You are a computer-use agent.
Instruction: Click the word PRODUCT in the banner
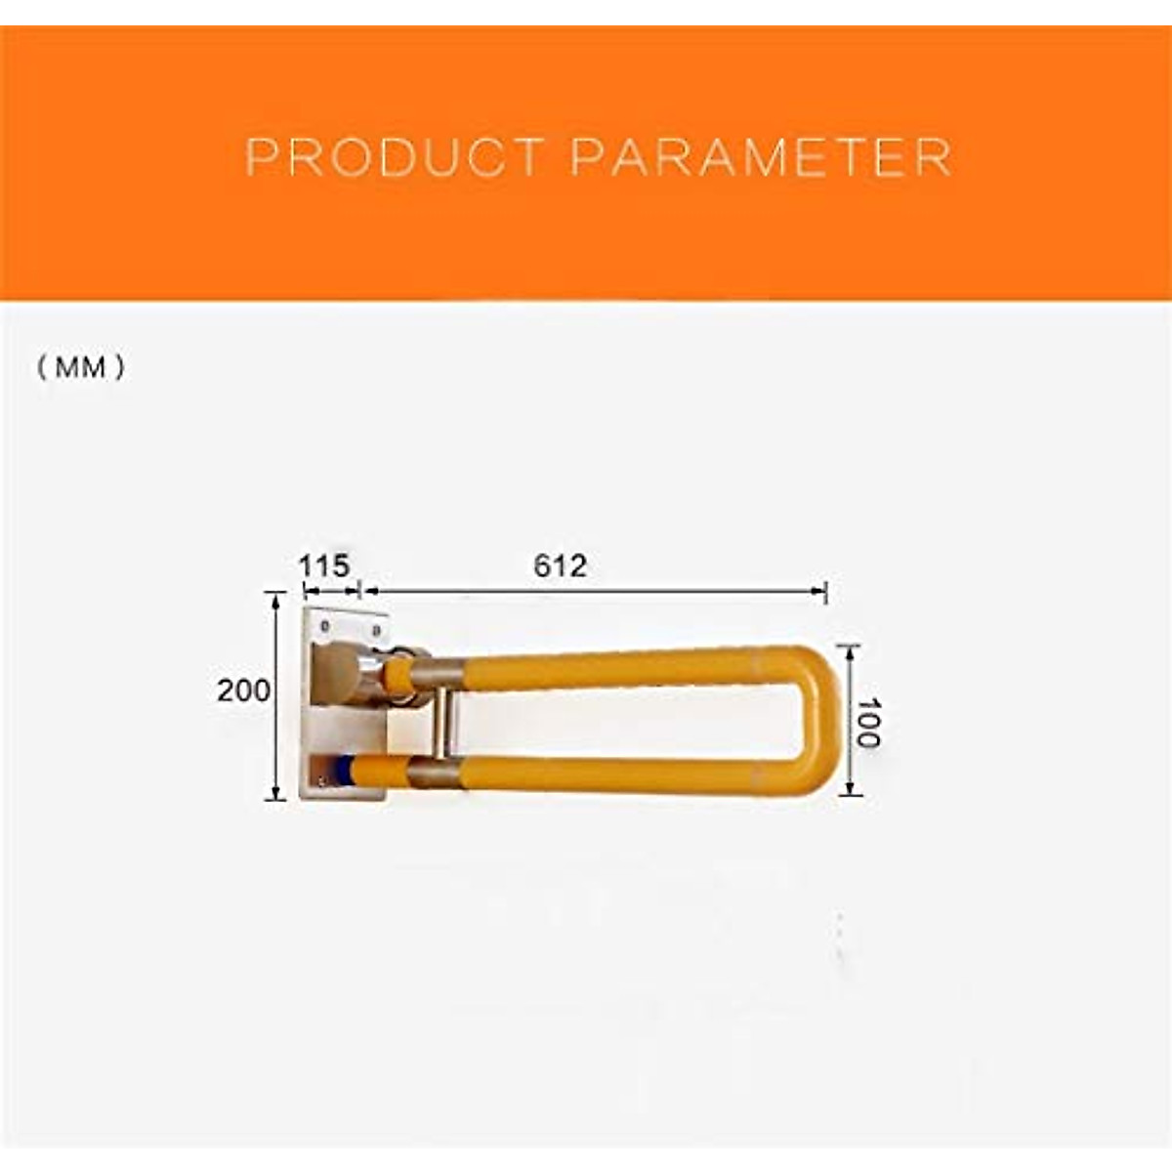(393, 158)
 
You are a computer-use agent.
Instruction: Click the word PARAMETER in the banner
(761, 158)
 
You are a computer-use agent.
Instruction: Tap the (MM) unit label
(82, 368)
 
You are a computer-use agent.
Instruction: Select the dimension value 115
(323, 565)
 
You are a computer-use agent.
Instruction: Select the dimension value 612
(561, 565)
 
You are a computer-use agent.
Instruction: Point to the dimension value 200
(243, 691)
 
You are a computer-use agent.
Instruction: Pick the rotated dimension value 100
(866, 722)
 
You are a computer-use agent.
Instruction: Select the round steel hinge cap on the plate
(338, 674)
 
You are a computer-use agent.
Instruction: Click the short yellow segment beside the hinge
(398, 675)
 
